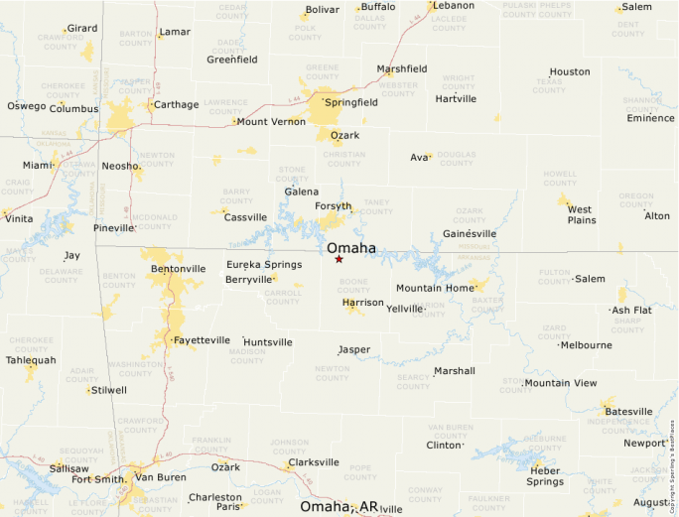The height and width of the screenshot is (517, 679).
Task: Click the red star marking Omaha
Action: (339, 259)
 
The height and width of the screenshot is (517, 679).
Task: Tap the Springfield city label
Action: (350, 102)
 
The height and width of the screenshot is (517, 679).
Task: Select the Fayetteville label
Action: (202, 340)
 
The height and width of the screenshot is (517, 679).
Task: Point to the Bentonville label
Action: (179, 269)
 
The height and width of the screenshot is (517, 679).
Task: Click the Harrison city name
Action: (362, 302)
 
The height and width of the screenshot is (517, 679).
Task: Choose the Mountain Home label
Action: (435, 288)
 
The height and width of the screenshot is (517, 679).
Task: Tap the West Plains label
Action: (581, 214)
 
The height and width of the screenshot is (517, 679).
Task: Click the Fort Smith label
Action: (98, 479)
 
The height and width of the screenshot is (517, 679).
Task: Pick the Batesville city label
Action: (628, 411)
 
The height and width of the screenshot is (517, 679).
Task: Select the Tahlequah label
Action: (32, 360)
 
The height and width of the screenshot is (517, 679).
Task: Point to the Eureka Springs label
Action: (264, 264)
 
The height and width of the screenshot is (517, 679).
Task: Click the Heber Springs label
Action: (545, 476)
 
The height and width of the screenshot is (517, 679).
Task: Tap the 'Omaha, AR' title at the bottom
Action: (339, 506)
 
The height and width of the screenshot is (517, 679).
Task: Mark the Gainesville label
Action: (470, 233)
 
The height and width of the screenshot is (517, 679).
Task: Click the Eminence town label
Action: (650, 118)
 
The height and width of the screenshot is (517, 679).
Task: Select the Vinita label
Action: (19, 218)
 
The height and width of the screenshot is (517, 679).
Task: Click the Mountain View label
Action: (561, 383)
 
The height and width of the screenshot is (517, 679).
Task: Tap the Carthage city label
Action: (177, 104)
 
